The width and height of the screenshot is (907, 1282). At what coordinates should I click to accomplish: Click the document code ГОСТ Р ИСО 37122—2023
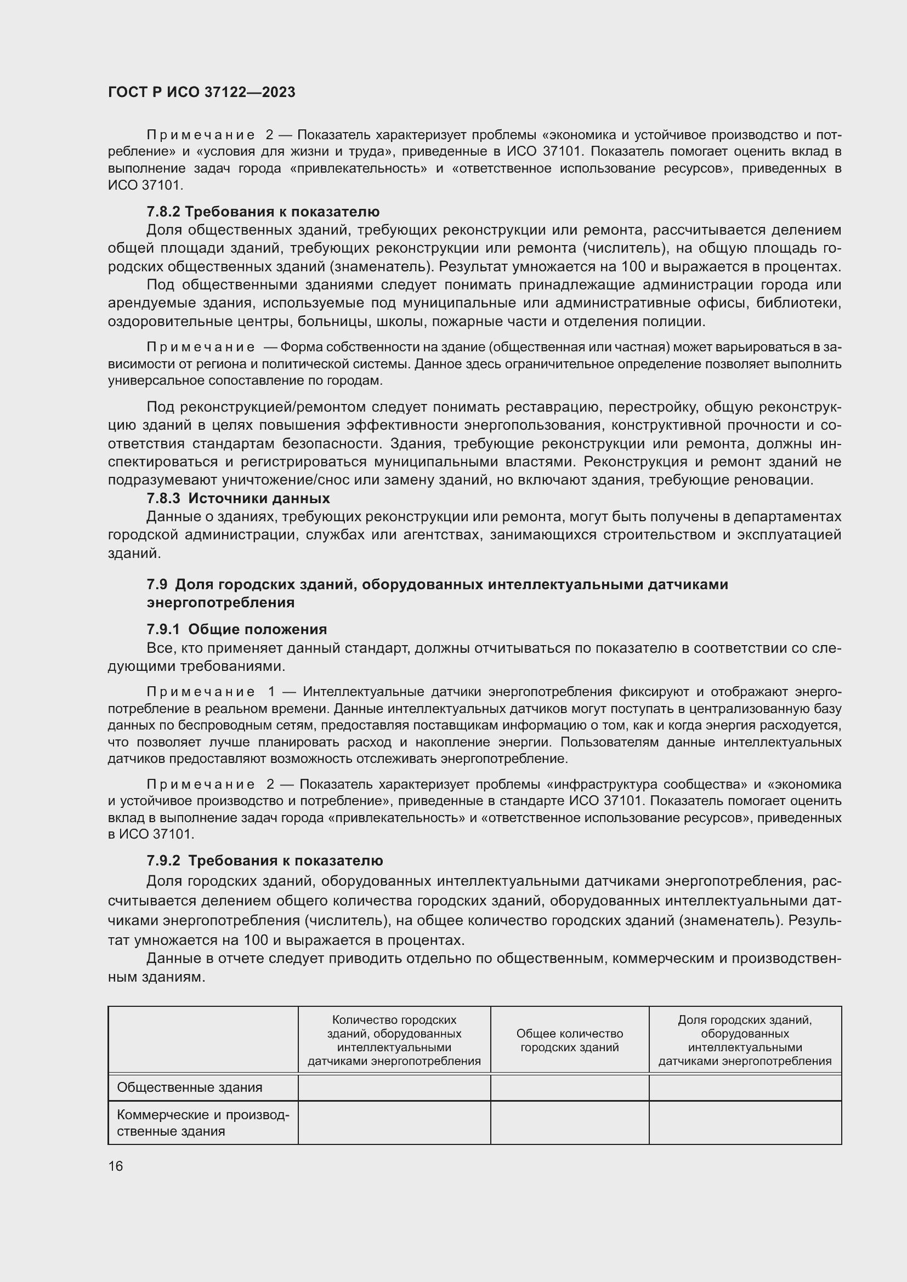[x=202, y=92]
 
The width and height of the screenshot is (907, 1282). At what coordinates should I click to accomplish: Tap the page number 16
[x=115, y=1166]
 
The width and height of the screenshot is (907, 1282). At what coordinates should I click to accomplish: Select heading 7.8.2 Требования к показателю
[x=263, y=212]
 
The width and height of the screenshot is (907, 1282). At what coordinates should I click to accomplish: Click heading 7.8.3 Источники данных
[x=238, y=498]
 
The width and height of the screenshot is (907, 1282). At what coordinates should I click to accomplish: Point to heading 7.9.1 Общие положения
[x=236, y=629]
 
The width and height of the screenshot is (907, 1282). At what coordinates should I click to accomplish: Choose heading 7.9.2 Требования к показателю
[x=265, y=861]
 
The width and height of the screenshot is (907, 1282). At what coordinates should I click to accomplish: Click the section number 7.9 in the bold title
[x=157, y=584]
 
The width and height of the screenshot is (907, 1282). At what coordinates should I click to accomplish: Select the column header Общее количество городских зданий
[x=569, y=1040]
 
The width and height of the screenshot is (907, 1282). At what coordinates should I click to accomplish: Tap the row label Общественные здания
[x=189, y=1087]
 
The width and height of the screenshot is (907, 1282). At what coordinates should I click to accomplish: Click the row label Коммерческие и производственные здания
[x=202, y=1123]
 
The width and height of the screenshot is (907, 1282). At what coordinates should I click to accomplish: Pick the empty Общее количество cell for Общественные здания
[x=569, y=1087]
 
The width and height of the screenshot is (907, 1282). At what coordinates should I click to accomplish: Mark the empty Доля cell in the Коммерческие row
[x=745, y=1123]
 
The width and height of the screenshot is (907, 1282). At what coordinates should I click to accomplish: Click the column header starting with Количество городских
[x=394, y=1040]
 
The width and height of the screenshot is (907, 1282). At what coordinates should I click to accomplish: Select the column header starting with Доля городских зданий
[x=745, y=1040]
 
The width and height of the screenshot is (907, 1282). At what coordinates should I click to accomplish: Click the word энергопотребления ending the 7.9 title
[x=220, y=602]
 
